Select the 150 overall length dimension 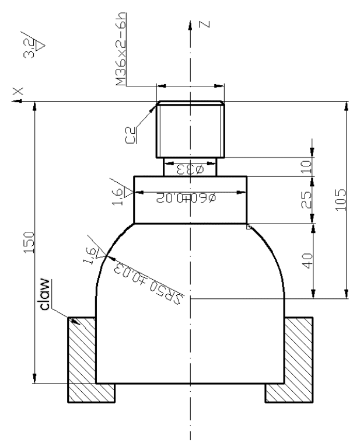tap(29, 241)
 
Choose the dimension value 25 tap(309, 199)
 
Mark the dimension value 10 tap(309, 166)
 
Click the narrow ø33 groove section tap(191, 166)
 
